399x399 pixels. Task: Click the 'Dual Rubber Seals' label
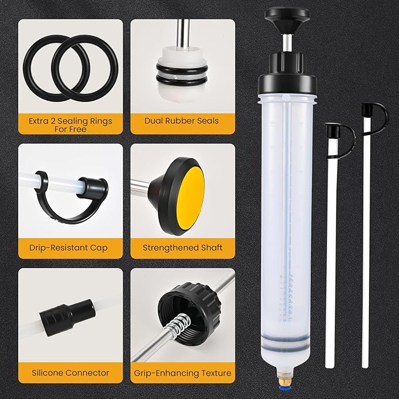click(182, 121)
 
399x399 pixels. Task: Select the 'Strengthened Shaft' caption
click(182, 247)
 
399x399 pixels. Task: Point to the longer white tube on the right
click(370, 253)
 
